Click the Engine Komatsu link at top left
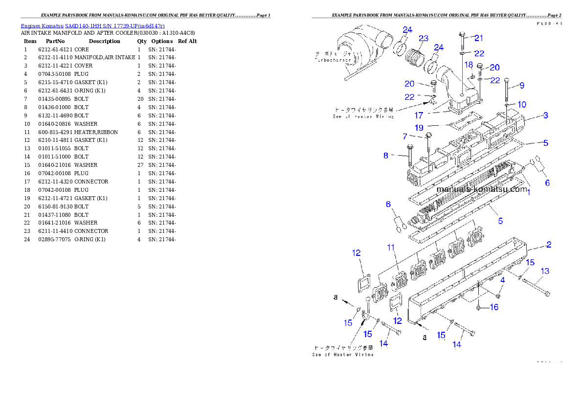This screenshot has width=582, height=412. tap(92, 25)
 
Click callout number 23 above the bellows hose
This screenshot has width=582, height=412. tap(424, 38)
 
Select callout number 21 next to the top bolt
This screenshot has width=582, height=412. tap(479, 38)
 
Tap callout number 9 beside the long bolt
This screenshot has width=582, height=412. tap(522, 85)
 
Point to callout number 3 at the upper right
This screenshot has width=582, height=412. tap(545, 115)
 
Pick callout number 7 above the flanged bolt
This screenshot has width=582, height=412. tap(404, 136)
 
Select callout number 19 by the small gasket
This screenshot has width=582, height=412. tap(419, 127)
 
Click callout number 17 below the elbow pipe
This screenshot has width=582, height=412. tap(419, 115)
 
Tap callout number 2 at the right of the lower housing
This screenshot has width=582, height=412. tap(549, 244)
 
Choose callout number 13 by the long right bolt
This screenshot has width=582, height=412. tap(544, 271)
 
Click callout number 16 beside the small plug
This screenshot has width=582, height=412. tap(494, 307)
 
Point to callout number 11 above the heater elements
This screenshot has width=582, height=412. tap(390, 248)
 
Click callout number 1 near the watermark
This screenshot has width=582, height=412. tap(528, 192)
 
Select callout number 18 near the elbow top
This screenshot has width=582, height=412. tap(469, 65)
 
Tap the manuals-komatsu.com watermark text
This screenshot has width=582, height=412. tap(482, 189)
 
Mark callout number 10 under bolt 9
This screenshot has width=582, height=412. tap(522, 104)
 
